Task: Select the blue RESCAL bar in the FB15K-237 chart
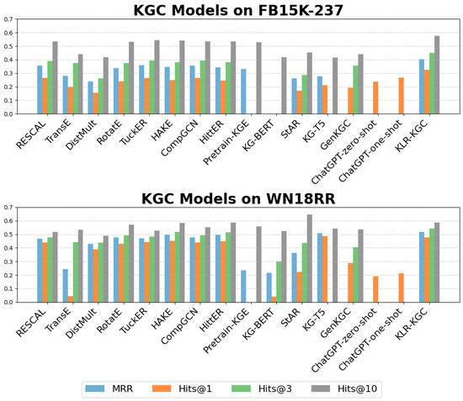pos(40,89)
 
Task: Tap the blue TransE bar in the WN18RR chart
pos(64,285)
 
